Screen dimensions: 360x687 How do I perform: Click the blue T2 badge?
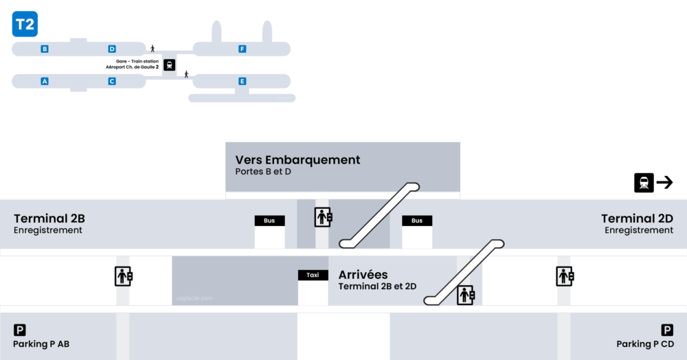(x=25, y=25)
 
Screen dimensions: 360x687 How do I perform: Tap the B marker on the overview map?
(x=45, y=49)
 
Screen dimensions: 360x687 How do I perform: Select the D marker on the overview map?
(x=112, y=49)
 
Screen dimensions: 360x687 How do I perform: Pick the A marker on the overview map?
(x=45, y=81)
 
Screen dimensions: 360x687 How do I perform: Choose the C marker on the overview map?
(x=112, y=81)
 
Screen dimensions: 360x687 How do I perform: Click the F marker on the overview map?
(x=242, y=49)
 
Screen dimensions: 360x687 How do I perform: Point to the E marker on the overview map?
(x=242, y=81)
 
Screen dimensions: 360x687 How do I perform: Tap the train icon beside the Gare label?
(x=169, y=65)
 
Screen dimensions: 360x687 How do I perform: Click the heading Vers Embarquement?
(x=297, y=159)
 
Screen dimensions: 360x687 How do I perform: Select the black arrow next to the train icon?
(x=664, y=182)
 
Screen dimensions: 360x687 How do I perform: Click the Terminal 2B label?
(x=49, y=218)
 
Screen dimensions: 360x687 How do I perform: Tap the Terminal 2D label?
(x=637, y=218)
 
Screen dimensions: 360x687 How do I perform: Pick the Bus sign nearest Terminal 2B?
(x=269, y=221)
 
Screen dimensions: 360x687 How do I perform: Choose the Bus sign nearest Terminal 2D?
(x=417, y=221)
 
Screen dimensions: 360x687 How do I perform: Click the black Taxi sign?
(x=313, y=275)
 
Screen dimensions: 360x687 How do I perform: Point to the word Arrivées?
(x=363, y=274)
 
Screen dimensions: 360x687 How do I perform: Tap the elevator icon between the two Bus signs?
(x=323, y=216)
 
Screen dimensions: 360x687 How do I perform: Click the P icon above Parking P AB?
(x=20, y=330)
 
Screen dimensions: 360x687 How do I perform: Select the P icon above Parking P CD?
(x=667, y=330)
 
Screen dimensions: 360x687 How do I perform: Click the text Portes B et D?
(x=263, y=171)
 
